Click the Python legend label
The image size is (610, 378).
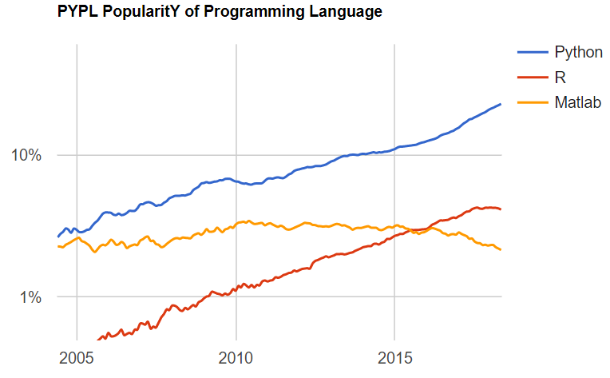click(578, 53)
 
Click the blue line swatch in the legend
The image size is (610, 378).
click(531, 53)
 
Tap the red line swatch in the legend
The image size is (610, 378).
click(531, 78)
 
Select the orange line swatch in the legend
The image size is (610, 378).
click(531, 102)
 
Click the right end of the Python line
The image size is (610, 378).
click(501, 104)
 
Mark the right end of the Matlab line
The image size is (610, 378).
click(501, 249)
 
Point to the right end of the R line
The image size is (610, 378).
click(501, 209)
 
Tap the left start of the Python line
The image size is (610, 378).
click(57, 237)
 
